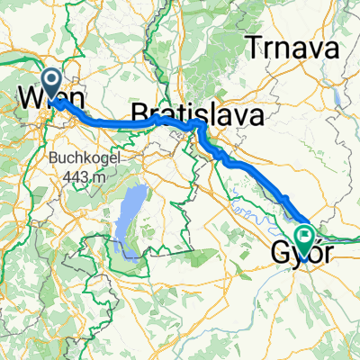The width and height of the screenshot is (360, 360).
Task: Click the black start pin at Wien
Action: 54,84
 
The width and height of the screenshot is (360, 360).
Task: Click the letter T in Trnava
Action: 264,49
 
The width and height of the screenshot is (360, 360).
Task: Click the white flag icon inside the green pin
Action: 307,237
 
